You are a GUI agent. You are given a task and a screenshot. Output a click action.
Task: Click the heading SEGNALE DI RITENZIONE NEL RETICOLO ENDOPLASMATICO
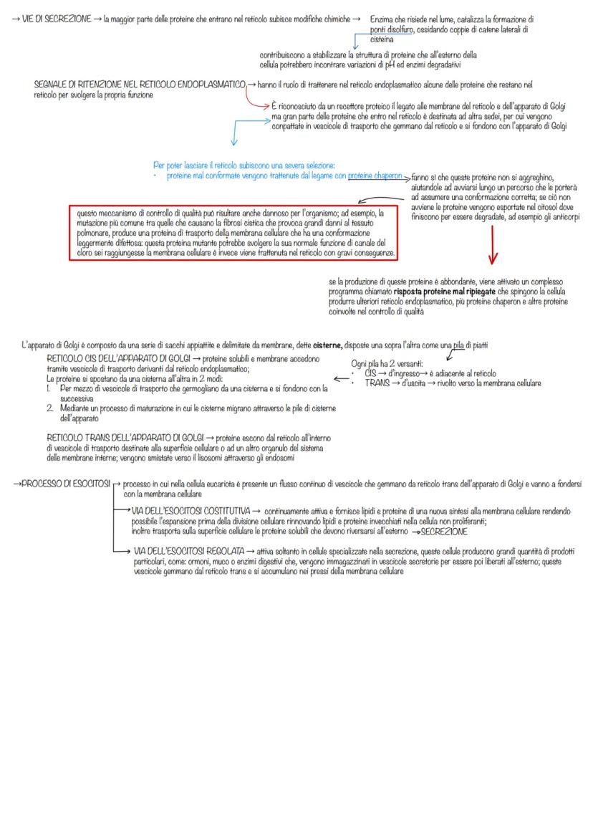click(x=140, y=85)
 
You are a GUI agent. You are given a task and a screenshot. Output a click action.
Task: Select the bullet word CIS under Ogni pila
click(x=370, y=373)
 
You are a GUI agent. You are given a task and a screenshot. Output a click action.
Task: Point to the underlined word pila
click(x=449, y=345)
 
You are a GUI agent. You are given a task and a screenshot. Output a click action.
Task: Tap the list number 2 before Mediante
click(x=51, y=408)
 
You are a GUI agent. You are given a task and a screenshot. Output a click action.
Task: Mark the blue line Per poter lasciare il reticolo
click(x=244, y=165)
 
